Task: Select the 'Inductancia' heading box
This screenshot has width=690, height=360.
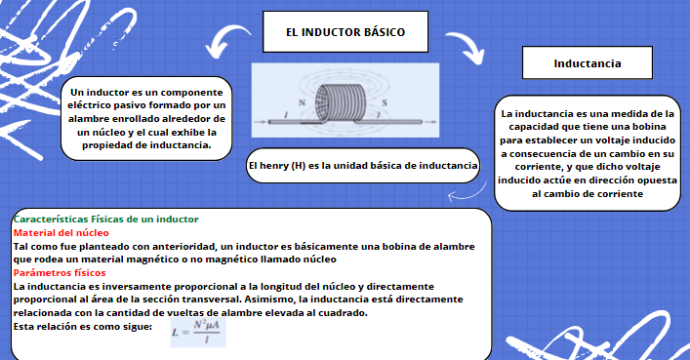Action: coord(588,63)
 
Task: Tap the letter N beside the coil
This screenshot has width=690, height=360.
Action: coord(304,102)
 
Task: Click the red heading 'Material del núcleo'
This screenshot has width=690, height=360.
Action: coord(61,233)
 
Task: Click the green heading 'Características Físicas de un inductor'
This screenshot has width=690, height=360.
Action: coord(106,219)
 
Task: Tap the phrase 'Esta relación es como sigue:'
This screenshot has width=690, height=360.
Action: coord(83,327)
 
